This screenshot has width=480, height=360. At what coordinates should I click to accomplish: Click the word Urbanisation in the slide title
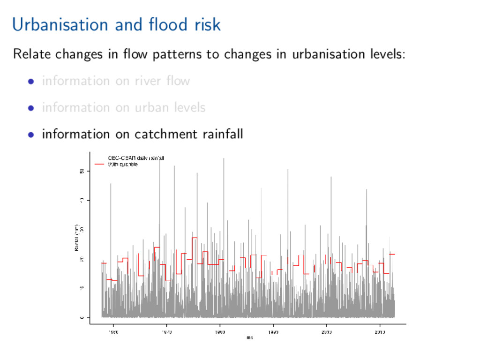pos(60,24)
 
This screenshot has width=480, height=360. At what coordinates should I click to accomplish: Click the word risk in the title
pos(208,24)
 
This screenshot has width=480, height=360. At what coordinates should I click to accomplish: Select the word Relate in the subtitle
pos(32,54)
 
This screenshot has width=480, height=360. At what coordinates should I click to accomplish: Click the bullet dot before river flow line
pos(31,81)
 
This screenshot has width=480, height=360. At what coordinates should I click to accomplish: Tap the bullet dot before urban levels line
pos(31,108)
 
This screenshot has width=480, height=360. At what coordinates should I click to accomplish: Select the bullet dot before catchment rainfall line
pos(31,135)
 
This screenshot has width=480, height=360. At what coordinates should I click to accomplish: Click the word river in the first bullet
pos(148,81)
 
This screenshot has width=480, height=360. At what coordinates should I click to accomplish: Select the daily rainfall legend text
pos(136,158)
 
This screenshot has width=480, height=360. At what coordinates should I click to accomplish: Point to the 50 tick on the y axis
pos(82,171)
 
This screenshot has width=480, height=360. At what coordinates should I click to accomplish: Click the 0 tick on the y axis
pos(82,318)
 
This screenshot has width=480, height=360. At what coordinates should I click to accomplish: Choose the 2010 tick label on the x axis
pos(380,332)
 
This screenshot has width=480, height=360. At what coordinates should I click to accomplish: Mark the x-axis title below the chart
pos(249,337)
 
